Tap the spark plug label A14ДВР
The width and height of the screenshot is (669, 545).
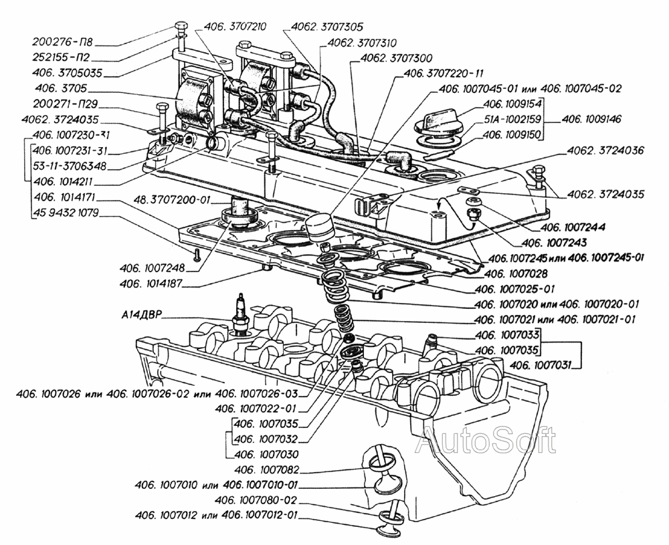142,314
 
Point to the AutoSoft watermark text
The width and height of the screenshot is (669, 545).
486,441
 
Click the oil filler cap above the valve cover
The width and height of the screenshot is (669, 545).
439,124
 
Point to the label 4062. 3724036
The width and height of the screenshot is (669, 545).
606,151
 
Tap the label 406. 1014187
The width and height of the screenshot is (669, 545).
151,284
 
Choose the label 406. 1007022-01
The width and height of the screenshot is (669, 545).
257,408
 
